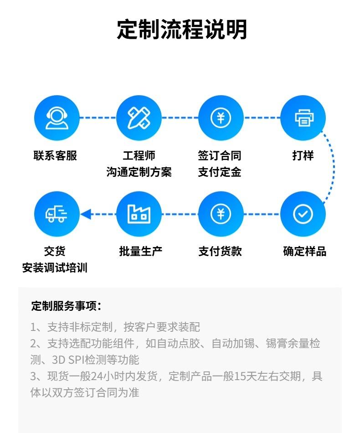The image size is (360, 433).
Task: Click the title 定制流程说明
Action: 182,29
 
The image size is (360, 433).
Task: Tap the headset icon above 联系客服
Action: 57,118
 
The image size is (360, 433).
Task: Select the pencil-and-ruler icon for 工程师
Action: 139,118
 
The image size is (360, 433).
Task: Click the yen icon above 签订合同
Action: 221,118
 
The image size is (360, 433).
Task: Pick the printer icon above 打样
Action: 303,118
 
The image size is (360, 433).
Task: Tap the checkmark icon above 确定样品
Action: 303,214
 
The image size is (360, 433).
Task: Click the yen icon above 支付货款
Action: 221,214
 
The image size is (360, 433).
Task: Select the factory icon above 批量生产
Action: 139,214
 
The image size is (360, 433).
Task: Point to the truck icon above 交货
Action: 57,214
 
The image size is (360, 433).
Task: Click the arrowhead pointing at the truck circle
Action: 86,214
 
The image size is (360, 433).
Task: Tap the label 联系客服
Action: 55,155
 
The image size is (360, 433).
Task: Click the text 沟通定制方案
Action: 139,172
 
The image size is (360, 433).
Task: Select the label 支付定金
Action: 220,172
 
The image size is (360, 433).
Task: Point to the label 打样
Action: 303,155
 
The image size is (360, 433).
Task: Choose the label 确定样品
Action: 304,251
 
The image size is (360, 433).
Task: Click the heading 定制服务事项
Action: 66,306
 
